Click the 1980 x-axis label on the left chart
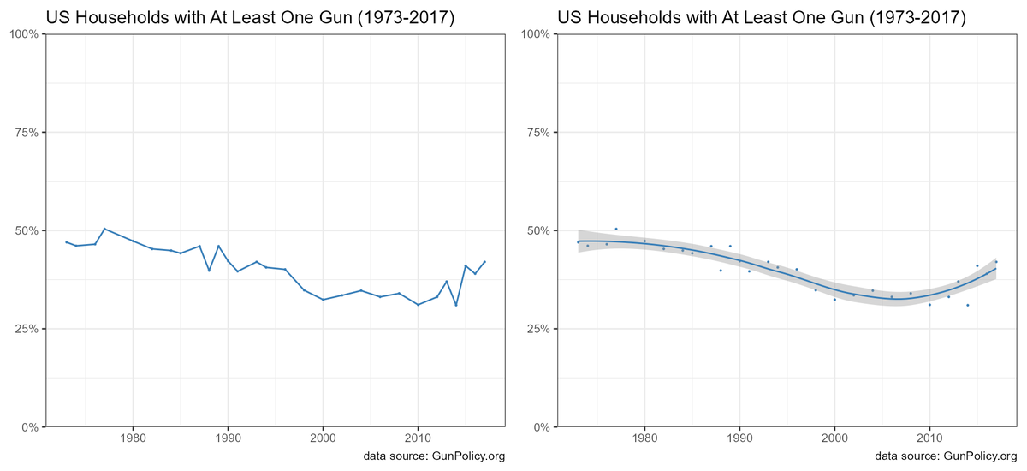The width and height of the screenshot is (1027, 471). point(133,441)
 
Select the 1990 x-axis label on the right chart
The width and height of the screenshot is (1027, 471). point(739,441)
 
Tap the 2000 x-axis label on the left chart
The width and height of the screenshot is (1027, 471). point(323,441)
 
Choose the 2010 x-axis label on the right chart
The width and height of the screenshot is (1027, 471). point(929,441)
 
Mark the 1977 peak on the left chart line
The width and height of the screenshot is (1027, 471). point(104,229)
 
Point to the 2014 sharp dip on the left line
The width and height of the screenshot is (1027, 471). point(456,305)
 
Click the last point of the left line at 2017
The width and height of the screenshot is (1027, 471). point(484,262)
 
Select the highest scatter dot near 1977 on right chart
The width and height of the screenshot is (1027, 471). point(616,229)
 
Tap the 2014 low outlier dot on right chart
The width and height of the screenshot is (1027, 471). point(968,305)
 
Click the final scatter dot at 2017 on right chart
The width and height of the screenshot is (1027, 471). point(996,262)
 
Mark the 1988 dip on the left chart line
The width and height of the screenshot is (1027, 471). point(209,271)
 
